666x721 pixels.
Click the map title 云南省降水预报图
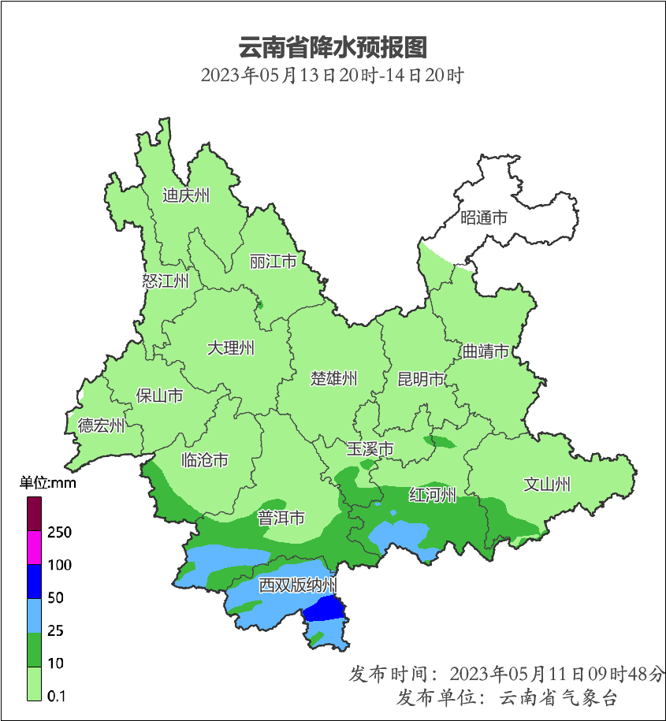332,47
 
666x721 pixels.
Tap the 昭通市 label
484,218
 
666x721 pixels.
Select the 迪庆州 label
186,195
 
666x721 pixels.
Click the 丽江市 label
273,261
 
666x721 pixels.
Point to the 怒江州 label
166,281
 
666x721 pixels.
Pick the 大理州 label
231,347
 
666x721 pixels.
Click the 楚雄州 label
333,378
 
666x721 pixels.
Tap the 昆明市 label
421,379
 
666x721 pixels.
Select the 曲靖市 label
485,351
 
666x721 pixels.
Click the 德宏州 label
101,426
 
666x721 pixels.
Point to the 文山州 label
547,485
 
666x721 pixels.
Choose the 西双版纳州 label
298,585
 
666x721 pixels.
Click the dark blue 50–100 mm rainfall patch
325,609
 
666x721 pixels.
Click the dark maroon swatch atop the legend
34,514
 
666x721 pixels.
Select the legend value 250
59,533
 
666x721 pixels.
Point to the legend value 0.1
57,696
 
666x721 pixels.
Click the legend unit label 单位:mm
48,483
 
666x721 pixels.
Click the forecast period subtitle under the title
332,76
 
